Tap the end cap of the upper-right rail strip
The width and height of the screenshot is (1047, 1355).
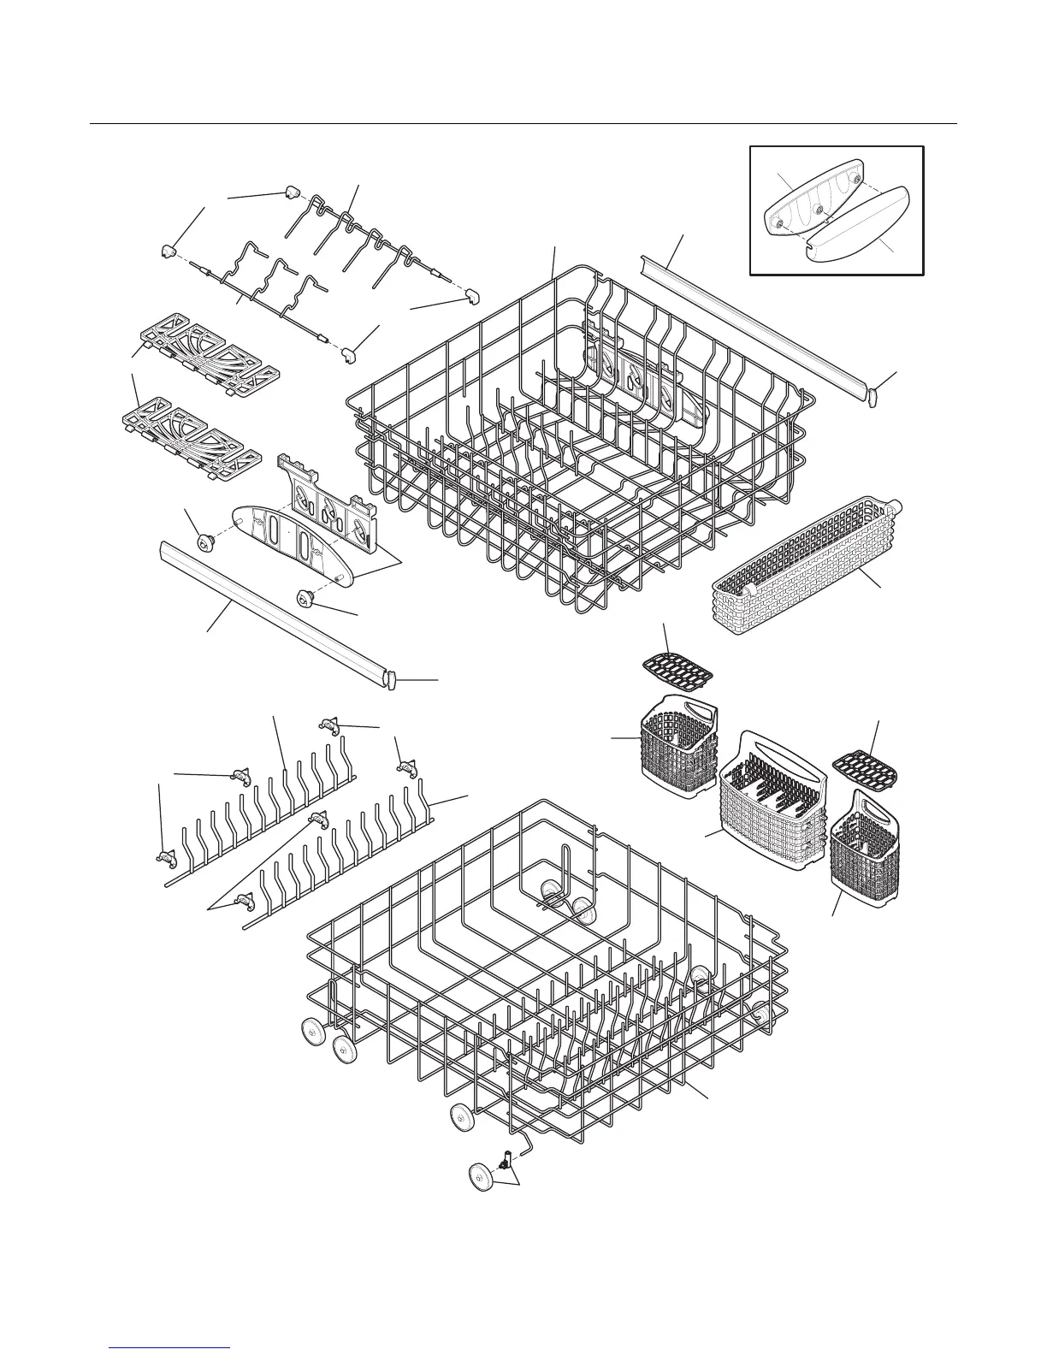click(872, 396)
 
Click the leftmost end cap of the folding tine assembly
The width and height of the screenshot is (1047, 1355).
click(169, 250)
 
